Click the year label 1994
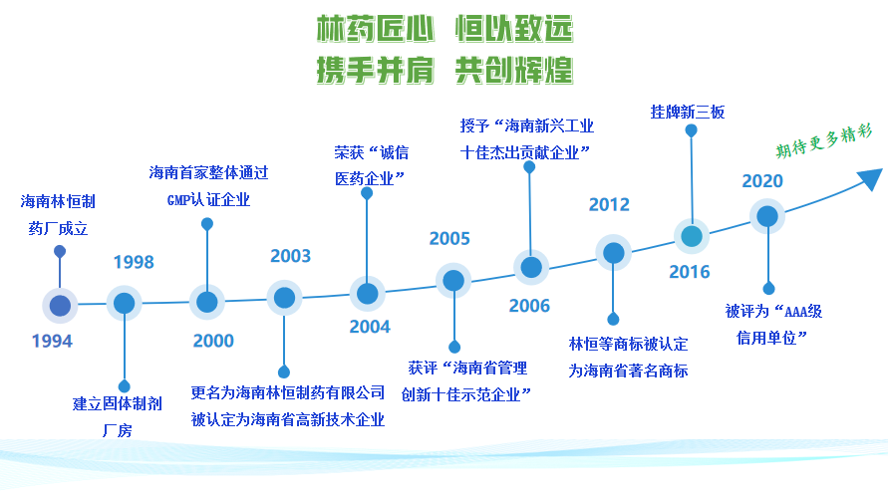52,342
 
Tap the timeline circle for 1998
124,303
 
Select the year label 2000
213,341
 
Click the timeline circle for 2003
284,298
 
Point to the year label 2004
370,327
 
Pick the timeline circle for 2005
453,281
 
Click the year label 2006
529,306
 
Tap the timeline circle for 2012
613,253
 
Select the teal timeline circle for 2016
692,236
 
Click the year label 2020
762,181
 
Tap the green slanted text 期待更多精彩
824,140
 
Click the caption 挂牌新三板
688,112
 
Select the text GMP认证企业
208,200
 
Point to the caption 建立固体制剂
118,403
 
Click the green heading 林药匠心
375,29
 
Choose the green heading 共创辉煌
514,70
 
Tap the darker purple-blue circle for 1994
60,306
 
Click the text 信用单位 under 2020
766,338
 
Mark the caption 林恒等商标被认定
628,344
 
